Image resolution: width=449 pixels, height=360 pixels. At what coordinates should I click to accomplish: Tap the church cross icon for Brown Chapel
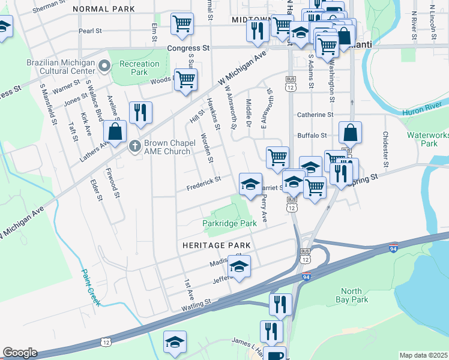136,144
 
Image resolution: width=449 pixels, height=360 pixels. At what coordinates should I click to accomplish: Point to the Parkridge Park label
229,223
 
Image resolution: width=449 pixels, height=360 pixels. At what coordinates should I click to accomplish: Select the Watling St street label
197,305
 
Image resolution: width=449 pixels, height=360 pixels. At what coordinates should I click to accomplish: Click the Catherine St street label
315,115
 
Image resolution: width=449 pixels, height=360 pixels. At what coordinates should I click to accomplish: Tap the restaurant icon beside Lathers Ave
140,112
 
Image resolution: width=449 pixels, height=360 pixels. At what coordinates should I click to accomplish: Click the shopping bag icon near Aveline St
115,131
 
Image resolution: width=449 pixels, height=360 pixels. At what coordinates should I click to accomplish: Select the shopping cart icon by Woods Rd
186,79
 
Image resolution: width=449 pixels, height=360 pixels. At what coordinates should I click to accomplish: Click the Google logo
19,353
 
